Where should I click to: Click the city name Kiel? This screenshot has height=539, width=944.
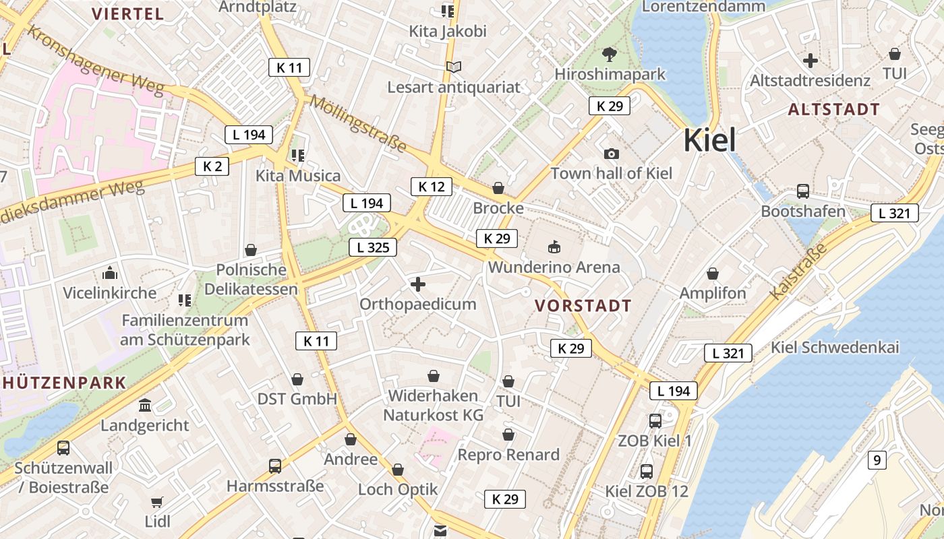tap(710, 140)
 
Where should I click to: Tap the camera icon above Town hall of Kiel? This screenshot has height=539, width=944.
tap(612, 154)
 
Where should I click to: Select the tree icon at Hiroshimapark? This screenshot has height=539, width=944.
tap(610, 54)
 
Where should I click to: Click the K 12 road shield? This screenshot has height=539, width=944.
tap(431, 187)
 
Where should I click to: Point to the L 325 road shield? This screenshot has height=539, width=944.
tap(373, 247)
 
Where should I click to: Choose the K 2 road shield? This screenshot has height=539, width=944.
tap(212, 166)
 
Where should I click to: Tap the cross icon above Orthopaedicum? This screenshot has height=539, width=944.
tap(418, 284)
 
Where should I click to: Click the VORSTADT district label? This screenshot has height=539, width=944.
tap(583, 306)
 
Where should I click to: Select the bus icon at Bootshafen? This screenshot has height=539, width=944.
tap(802, 191)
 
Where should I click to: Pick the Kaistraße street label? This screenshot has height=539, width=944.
tap(798, 272)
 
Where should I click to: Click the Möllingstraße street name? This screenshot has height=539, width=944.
tap(359, 124)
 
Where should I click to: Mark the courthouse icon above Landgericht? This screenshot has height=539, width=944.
tap(145, 406)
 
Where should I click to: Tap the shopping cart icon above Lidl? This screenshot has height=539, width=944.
tap(157, 502)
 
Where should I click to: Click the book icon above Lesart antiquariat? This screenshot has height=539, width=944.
tap(454, 67)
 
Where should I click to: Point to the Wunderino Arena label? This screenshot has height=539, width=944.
tap(554, 267)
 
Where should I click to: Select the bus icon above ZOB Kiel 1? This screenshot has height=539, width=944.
tap(655, 421)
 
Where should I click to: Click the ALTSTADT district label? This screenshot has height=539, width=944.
tap(833, 109)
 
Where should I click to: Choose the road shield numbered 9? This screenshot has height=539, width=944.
tap(876, 461)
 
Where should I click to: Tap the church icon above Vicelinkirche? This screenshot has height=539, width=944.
tap(109, 274)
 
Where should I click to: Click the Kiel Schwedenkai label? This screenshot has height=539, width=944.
tap(835, 348)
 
